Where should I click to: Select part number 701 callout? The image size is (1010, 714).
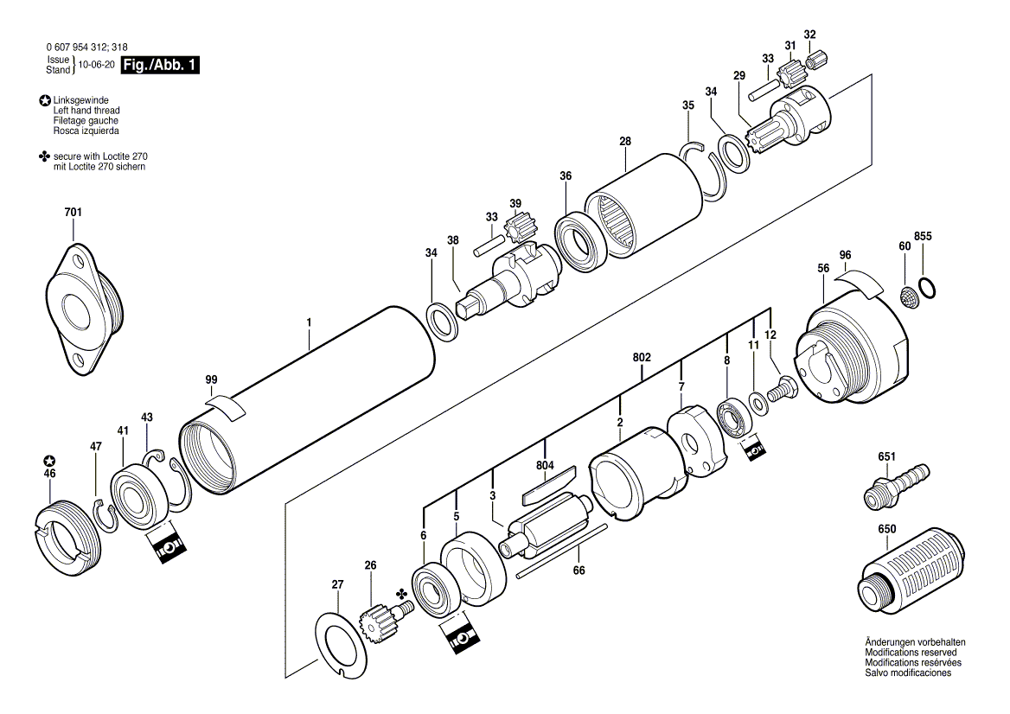73,212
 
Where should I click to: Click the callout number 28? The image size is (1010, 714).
625,141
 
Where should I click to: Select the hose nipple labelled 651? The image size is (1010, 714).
895,487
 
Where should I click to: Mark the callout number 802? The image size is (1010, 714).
642,356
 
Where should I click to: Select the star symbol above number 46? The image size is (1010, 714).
49,460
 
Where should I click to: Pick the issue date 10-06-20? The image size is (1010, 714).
97,65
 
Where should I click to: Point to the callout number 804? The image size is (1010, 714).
544,466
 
